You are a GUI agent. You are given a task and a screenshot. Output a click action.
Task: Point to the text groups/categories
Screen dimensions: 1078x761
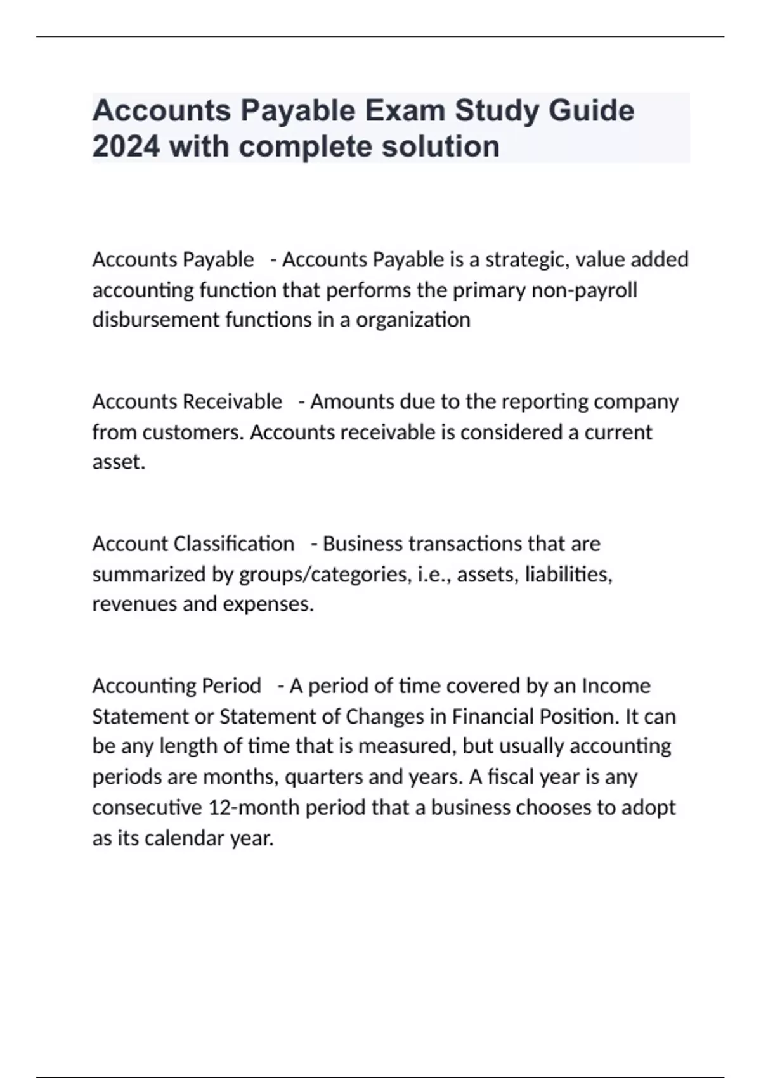click(x=323, y=575)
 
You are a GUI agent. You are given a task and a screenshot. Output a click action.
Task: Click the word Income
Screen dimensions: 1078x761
click(x=616, y=685)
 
